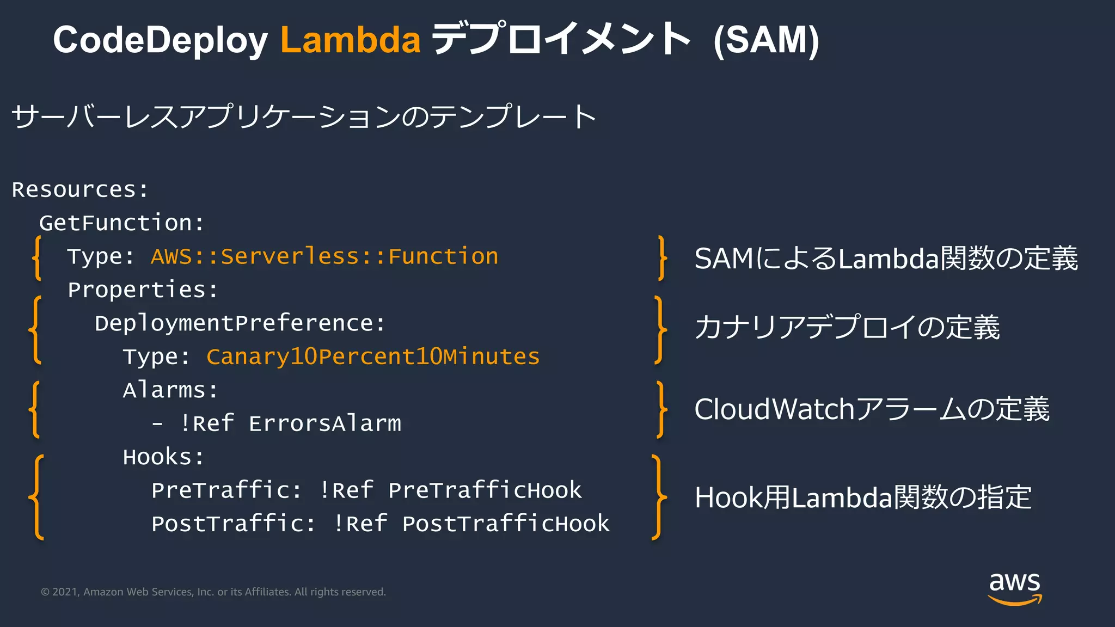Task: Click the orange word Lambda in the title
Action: coord(350,40)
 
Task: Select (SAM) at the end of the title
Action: coord(766,40)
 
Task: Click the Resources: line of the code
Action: coord(80,190)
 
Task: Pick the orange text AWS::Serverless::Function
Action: coord(324,256)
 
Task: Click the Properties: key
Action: coord(143,290)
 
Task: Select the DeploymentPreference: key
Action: coord(240,323)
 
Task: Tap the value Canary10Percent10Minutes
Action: coord(373,357)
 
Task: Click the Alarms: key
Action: coord(170,390)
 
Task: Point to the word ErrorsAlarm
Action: coord(325,424)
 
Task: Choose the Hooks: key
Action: coord(163,457)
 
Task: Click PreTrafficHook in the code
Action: coord(485,490)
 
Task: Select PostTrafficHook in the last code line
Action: coord(506,524)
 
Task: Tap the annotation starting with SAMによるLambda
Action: coord(886,259)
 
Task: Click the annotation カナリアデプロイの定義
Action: coord(847,328)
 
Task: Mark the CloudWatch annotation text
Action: coord(872,409)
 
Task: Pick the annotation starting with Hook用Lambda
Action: coord(863,497)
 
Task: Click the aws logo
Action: coord(1014,588)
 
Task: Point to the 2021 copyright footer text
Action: coord(213,592)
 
